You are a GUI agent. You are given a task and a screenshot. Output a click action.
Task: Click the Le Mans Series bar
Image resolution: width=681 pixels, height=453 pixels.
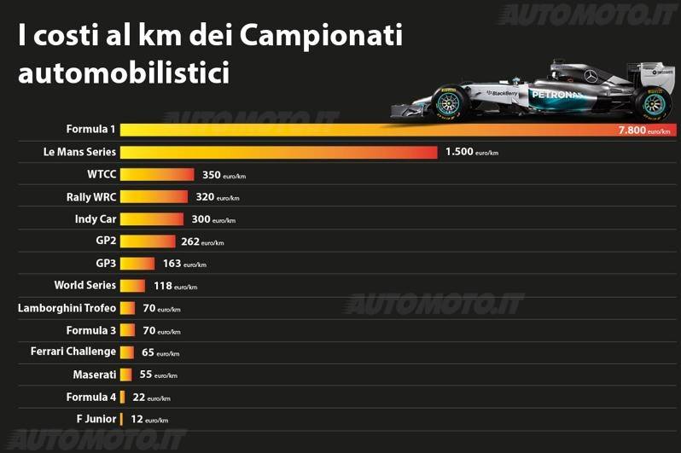click(279, 153)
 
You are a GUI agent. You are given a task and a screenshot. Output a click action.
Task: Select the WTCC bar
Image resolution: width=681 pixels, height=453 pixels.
click(157, 175)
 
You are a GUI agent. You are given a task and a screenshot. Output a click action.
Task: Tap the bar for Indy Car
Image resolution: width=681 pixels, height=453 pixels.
click(152, 219)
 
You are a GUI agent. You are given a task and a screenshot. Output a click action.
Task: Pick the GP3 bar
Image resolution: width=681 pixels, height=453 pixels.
click(137, 264)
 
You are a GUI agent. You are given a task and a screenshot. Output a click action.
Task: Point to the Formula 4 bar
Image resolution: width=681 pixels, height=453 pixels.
click(123, 397)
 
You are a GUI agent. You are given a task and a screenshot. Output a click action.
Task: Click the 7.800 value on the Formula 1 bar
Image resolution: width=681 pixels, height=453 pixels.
click(632, 131)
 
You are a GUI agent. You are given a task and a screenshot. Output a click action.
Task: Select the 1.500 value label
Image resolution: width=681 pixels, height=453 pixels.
click(462, 153)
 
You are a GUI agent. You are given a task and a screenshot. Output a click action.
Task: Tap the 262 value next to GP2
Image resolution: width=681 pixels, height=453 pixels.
click(190, 241)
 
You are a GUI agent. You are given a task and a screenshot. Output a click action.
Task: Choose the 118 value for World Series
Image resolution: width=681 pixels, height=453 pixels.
click(163, 286)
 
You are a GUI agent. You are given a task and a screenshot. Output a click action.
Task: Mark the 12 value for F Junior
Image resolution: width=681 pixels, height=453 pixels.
click(137, 419)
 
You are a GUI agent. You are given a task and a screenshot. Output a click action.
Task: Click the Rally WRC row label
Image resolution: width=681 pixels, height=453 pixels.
click(91, 197)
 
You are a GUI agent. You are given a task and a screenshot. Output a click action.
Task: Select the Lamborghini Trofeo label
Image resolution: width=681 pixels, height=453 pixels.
click(67, 308)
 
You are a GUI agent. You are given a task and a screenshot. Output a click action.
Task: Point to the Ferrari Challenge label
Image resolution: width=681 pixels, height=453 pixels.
click(73, 352)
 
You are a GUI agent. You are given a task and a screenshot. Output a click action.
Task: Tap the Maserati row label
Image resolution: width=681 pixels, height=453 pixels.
click(95, 375)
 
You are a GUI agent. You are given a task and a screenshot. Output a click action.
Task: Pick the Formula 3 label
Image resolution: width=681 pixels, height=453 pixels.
click(91, 330)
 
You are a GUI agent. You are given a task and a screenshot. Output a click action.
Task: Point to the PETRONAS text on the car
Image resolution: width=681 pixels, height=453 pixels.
click(556, 94)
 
